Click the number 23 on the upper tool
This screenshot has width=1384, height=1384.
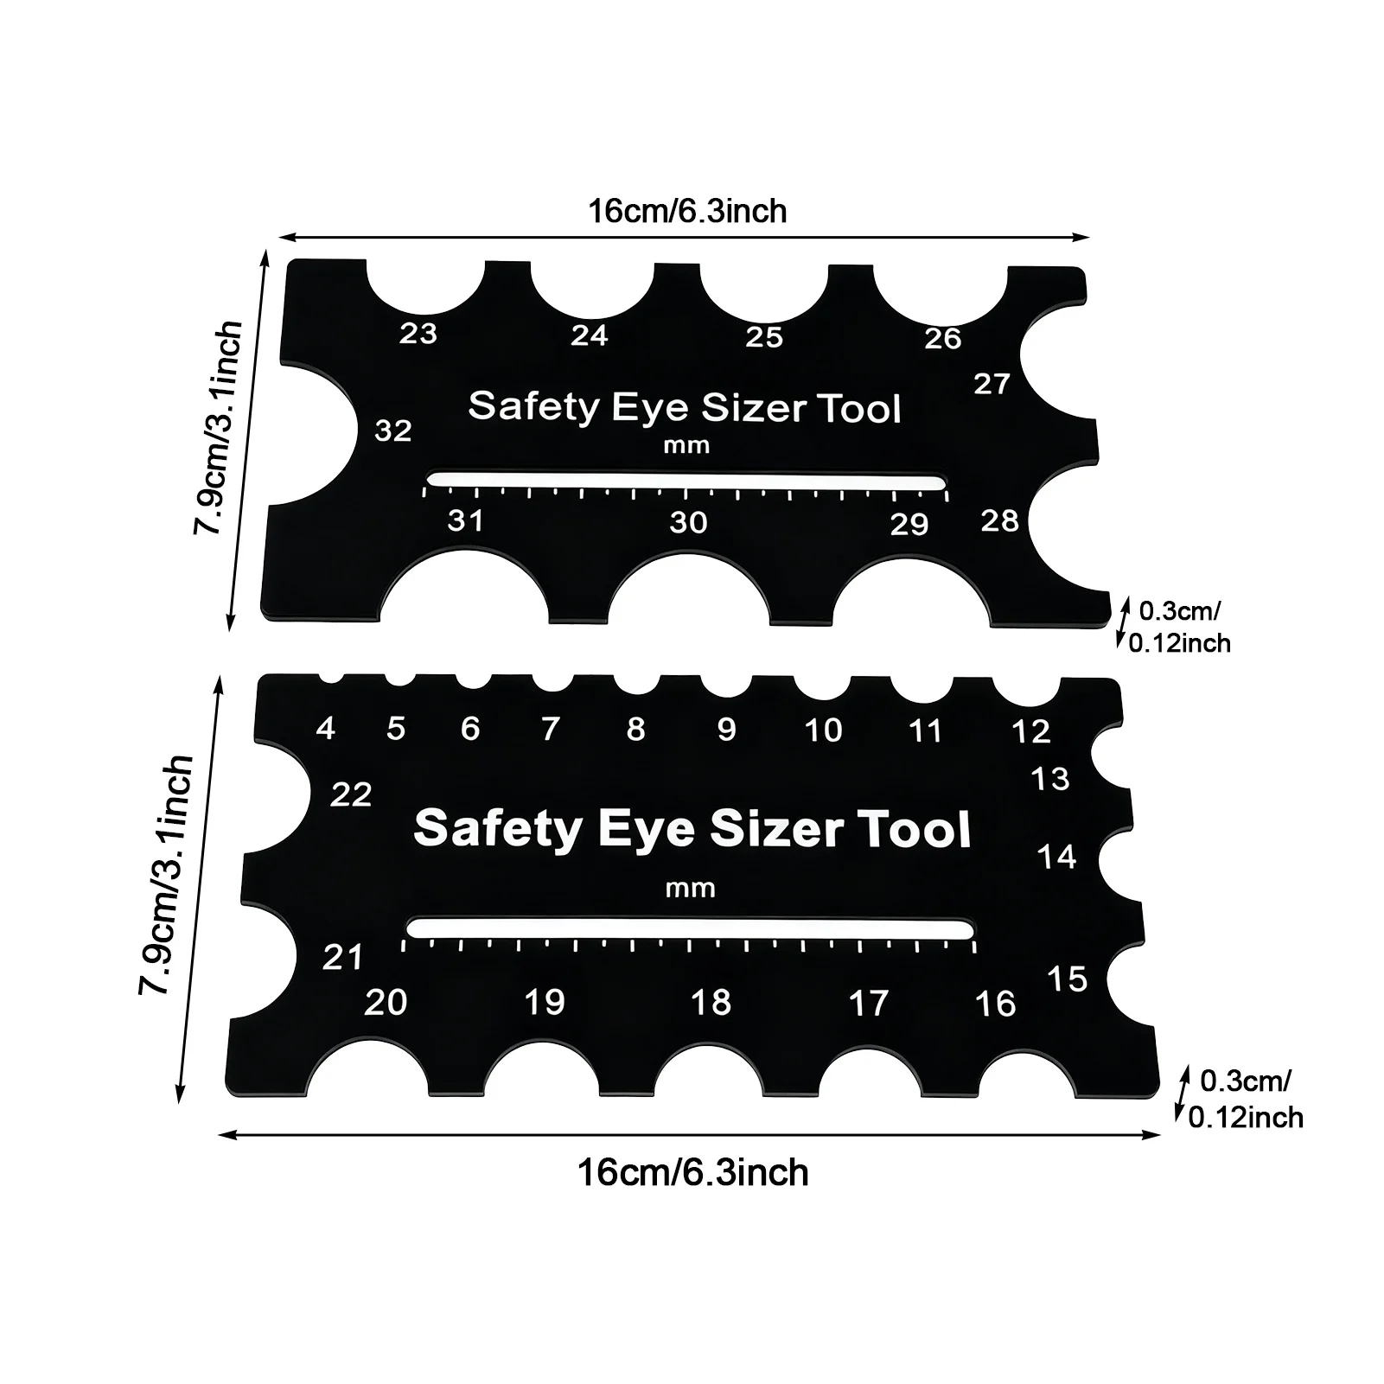pyautogui.click(x=418, y=333)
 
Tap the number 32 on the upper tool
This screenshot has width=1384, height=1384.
pyautogui.click(x=393, y=431)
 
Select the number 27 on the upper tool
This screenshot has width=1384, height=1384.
pyautogui.click(x=992, y=383)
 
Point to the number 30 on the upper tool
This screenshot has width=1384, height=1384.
pyautogui.click(x=688, y=522)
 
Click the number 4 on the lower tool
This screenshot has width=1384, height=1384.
pyautogui.click(x=325, y=728)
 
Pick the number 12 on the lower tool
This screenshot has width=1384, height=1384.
pyautogui.click(x=1030, y=731)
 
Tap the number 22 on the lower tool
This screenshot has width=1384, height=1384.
pyautogui.click(x=351, y=794)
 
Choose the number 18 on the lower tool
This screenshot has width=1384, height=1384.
pyautogui.click(x=711, y=1002)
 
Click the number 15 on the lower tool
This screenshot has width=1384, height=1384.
pyautogui.click(x=1067, y=979)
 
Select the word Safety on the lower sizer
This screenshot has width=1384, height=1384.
pyautogui.click(x=499, y=828)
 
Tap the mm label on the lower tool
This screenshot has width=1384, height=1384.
pyautogui.click(x=691, y=888)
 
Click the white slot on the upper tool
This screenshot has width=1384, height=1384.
pyautogui.click(x=686, y=480)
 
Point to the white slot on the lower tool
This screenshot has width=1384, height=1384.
pyautogui.click(x=690, y=928)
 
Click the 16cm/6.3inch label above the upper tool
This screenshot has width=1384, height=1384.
pyautogui.click(x=687, y=211)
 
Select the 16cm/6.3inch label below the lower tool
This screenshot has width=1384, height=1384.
pyautogui.click(x=692, y=1173)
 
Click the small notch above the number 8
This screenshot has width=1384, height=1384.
pyautogui.click(x=635, y=684)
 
